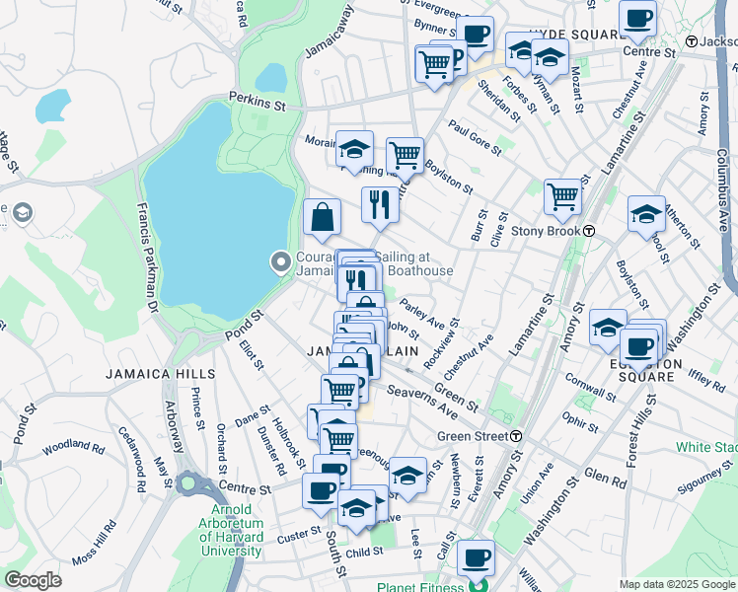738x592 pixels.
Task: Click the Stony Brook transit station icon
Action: pyautogui.click(x=588, y=230)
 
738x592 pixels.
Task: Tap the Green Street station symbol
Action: pyautogui.click(x=516, y=435)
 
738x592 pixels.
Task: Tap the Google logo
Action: pyautogui.click(x=33, y=580)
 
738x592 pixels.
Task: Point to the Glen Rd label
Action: pyautogui.click(x=605, y=479)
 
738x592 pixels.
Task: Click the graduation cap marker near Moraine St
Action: pyautogui.click(x=354, y=149)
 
